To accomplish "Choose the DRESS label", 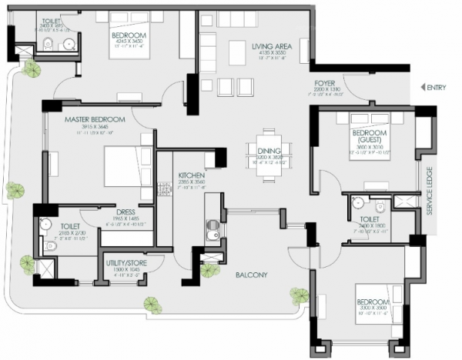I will [x=126, y=213].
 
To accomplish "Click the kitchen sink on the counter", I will [x=213, y=228].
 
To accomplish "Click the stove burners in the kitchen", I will [x=163, y=188].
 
